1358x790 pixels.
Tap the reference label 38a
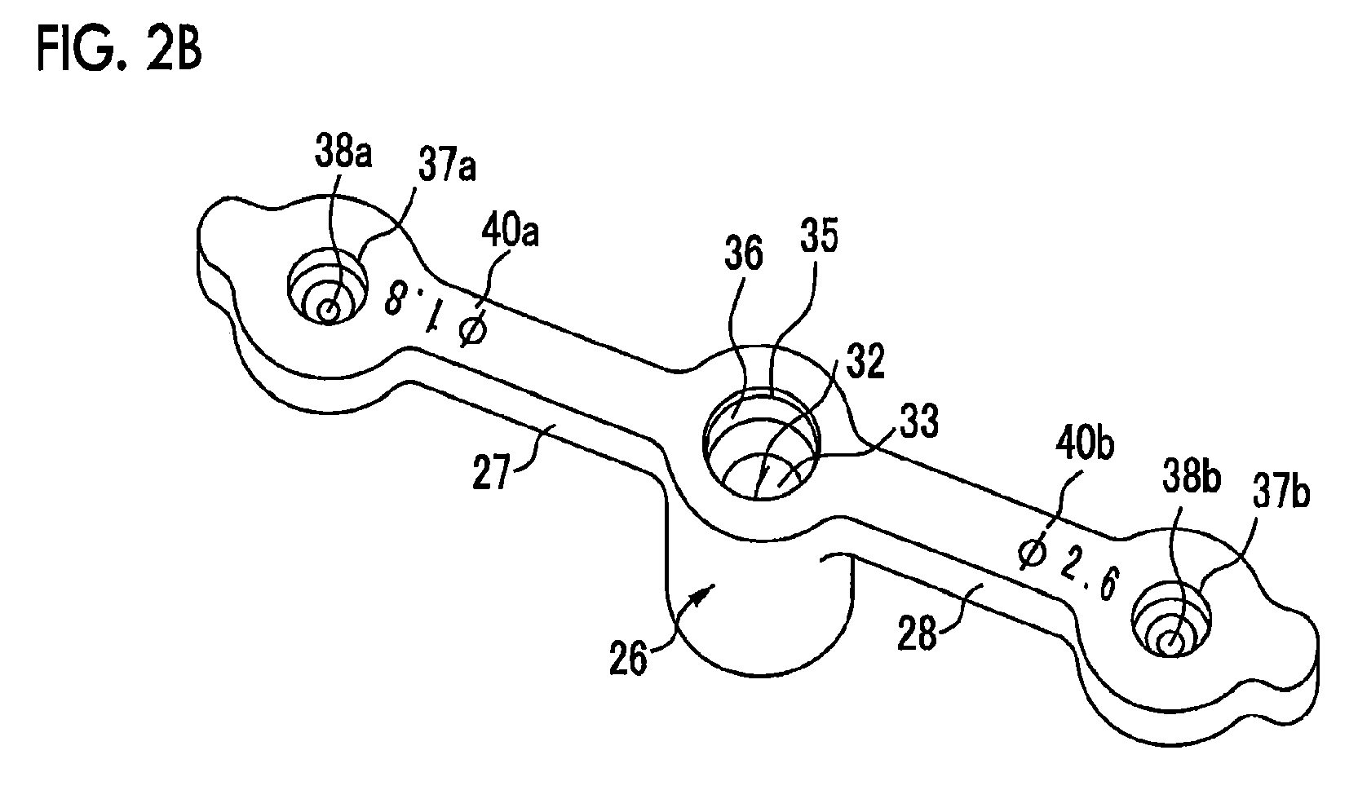pos(343,152)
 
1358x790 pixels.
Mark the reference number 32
pos(865,362)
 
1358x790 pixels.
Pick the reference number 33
pos(919,421)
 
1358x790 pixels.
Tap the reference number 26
pos(629,659)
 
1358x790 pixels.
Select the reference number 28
pos(918,633)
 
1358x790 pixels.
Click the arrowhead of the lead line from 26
pos(706,591)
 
